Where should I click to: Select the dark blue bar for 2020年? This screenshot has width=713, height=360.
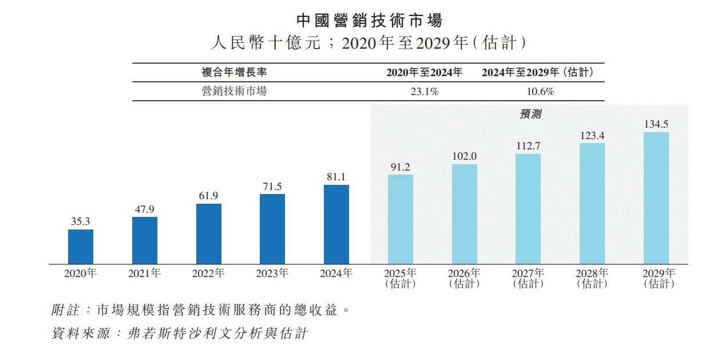click(81, 247)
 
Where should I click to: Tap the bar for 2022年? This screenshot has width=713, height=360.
click(208, 234)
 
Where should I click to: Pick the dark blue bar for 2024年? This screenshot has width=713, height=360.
click(336, 224)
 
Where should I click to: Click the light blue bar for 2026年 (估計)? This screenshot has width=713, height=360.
click(465, 214)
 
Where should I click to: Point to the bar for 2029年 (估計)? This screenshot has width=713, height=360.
click(656, 198)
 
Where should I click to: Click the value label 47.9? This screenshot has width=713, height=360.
click(145, 209)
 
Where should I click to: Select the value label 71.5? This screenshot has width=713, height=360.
click(272, 187)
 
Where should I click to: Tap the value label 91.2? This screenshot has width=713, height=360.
click(401, 167)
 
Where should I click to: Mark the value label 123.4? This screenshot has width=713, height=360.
click(592, 136)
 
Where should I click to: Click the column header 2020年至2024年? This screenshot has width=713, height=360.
click(424, 73)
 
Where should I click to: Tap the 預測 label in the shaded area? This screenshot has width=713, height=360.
click(530, 114)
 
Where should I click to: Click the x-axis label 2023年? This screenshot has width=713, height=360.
click(272, 274)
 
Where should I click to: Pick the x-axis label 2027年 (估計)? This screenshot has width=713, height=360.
click(528, 278)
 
